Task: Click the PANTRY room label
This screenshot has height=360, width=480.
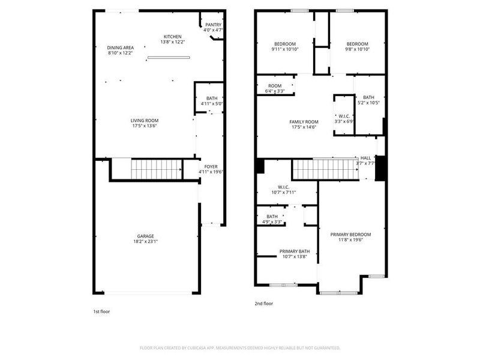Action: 212,25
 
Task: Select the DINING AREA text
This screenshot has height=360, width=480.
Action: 120,47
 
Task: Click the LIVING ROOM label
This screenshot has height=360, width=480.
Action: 145,120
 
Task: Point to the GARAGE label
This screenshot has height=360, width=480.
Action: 145,236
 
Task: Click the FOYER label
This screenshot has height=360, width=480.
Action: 211,167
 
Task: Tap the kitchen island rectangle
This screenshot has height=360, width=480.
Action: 169,58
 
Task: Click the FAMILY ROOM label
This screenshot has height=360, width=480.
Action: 304,122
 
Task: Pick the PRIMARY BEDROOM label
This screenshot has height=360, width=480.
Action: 350,234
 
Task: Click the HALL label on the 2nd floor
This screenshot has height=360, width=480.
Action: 365,158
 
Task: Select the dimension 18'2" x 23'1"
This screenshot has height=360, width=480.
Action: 145,242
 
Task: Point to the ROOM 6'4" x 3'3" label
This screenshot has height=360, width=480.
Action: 275,86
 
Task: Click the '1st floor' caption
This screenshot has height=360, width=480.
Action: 101,311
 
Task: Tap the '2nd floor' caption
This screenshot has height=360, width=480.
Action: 264,304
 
